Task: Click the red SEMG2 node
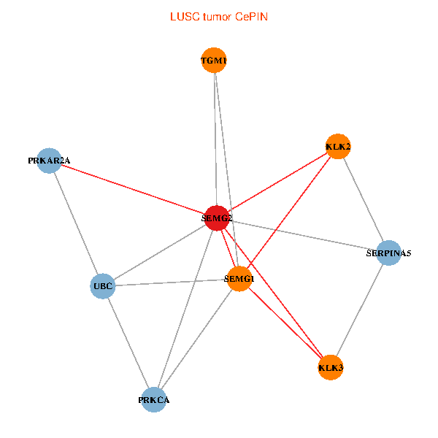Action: coord(217,218)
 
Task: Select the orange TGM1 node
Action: coord(214,61)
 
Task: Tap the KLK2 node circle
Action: coord(337,147)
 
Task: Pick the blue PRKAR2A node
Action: coord(49,160)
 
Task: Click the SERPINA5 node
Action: coord(388,253)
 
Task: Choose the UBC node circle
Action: coord(103,286)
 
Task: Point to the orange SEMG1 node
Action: coord(239,279)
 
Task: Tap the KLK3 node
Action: coord(331,367)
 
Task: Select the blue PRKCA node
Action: coord(154,399)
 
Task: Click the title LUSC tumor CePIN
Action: coord(218,16)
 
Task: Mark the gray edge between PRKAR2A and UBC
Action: coord(76,223)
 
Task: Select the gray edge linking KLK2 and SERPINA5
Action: coord(363,200)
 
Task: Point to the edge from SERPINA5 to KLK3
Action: coord(360,310)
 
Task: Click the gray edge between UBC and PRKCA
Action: coord(128,343)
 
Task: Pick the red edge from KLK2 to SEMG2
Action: coord(277,182)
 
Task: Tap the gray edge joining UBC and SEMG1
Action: coord(172,283)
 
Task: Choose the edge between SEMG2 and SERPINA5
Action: coord(303,236)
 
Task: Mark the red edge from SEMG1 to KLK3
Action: coord(285,323)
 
